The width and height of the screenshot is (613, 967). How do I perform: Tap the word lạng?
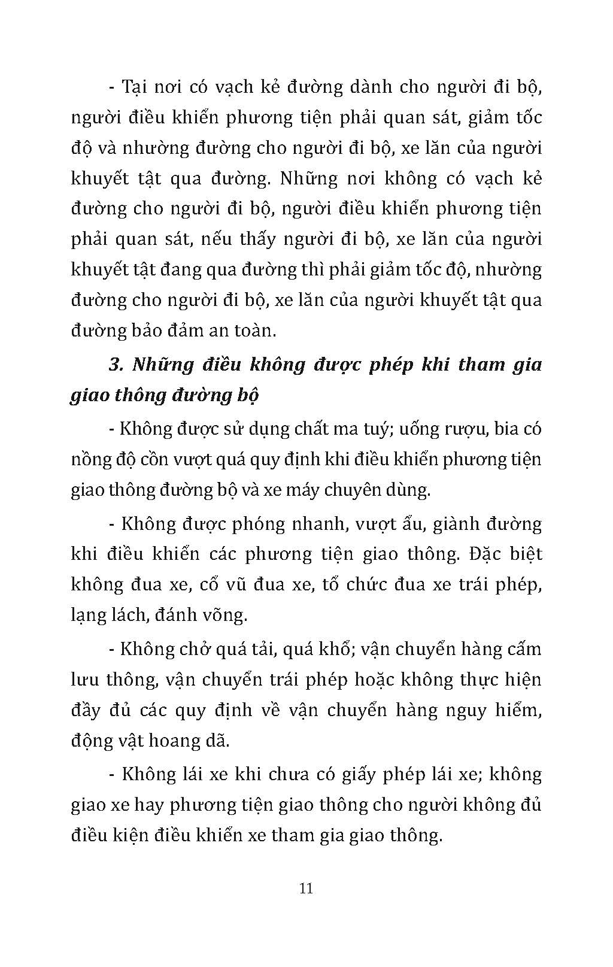point(88,615)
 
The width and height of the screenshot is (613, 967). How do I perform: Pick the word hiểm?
point(518,710)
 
